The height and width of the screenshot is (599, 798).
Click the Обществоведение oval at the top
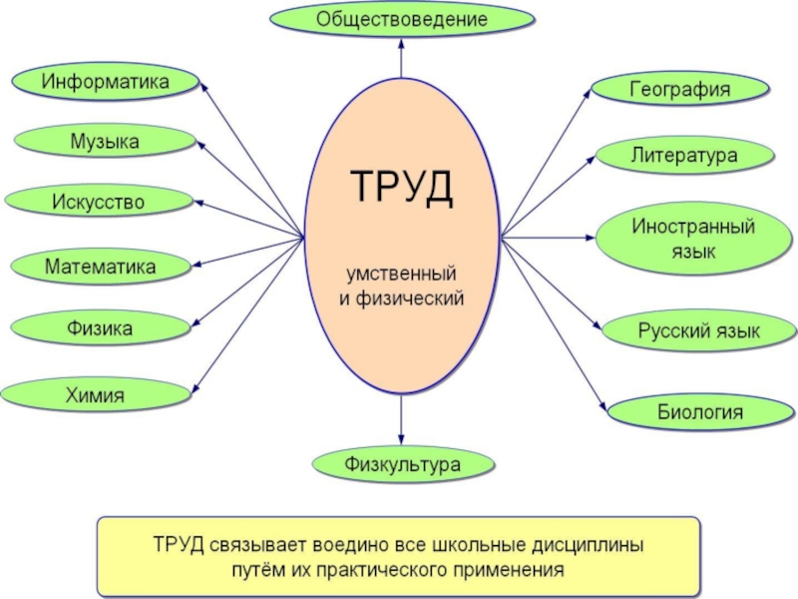[401, 19]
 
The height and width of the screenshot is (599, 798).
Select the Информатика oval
[105, 81]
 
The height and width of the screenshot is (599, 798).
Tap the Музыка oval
[104, 142]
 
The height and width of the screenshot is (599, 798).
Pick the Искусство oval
[99, 203]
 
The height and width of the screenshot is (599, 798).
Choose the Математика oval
[100, 267]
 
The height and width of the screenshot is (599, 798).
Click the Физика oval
[100, 327]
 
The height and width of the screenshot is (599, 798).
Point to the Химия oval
[97, 395]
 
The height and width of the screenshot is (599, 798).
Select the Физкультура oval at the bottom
[402, 465]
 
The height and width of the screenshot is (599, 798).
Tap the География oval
[680, 89]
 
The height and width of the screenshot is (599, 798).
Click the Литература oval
[684, 156]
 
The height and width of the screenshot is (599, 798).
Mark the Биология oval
[690, 411]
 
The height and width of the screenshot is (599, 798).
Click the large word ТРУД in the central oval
[401, 188]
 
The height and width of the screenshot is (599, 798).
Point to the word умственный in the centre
[401, 273]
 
